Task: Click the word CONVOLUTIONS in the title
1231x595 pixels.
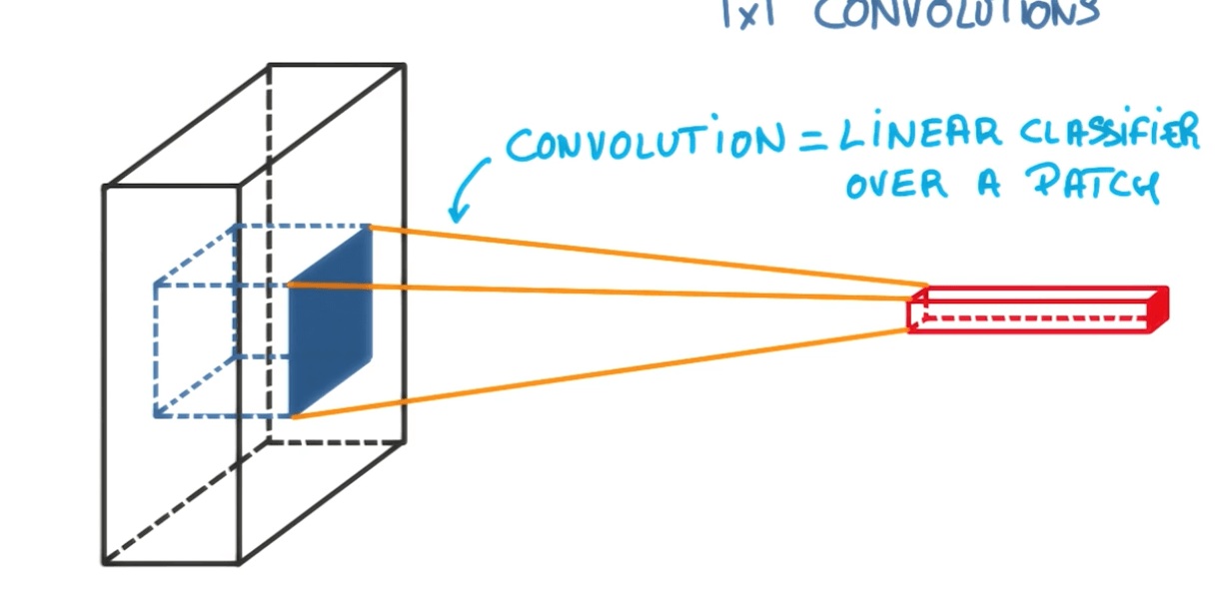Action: click(957, 14)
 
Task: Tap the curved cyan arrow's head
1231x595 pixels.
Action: click(459, 213)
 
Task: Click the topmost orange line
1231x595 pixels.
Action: click(649, 256)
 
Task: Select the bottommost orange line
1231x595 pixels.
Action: click(600, 375)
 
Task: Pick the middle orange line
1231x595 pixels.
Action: click(600, 293)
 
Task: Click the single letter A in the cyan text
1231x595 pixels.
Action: click(988, 186)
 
